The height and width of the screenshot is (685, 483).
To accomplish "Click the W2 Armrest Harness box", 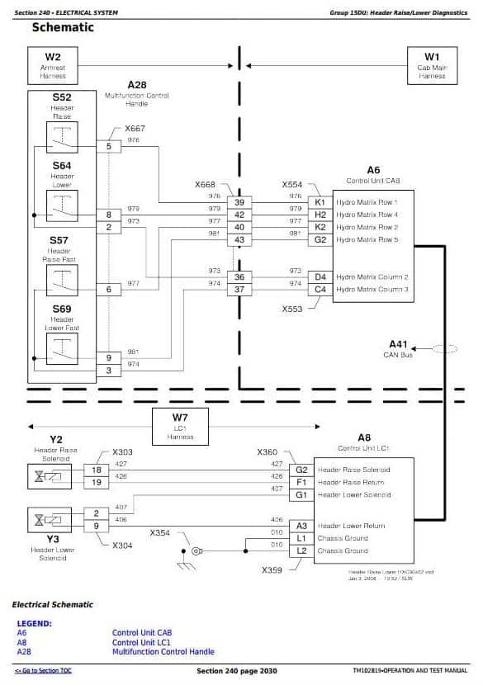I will click(53, 65).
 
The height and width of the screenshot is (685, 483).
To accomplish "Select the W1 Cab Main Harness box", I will click(432, 65).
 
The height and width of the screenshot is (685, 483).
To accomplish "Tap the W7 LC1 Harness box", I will click(180, 426).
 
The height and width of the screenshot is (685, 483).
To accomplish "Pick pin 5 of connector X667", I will click(108, 146).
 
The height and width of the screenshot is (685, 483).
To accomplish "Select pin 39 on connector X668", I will click(239, 202).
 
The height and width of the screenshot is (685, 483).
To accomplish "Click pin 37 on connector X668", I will click(239, 290).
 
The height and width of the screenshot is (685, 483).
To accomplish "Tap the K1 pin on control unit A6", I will click(320, 202).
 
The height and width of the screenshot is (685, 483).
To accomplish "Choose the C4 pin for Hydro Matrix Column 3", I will click(320, 290).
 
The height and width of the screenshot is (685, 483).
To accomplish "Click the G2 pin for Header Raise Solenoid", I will click(301, 470).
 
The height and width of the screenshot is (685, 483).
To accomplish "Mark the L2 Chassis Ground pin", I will click(301, 550).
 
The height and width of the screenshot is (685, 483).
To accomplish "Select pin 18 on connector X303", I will click(96, 470).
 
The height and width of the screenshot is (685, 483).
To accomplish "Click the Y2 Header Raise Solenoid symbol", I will click(50, 476).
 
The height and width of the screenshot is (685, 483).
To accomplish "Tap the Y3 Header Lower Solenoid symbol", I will click(50, 519).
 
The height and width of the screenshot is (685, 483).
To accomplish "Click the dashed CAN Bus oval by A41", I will click(444, 349).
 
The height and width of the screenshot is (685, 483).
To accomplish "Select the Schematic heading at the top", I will click(63, 28).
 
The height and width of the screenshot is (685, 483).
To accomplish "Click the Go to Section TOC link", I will click(43, 671).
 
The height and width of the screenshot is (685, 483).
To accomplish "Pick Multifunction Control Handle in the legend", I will click(163, 652).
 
